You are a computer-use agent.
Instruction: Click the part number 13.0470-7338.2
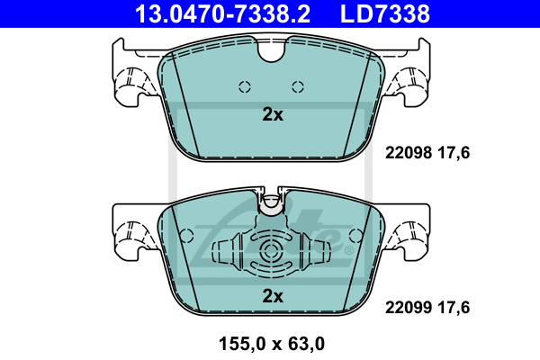pyautogui.click(x=222, y=13)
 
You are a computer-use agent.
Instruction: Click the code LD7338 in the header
pyautogui.click(x=384, y=13)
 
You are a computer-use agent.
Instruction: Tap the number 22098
pyautogui.click(x=409, y=153)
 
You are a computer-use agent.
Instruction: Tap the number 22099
pyautogui.click(x=409, y=307)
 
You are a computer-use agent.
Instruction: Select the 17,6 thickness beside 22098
pyautogui.click(x=454, y=153)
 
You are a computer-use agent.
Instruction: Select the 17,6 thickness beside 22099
pyautogui.click(x=454, y=308)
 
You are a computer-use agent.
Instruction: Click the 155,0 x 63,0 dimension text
pyautogui.click(x=272, y=344)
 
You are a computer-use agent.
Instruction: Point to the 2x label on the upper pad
pyautogui.click(x=273, y=114)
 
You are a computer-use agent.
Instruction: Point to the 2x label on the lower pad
pyautogui.click(x=273, y=296)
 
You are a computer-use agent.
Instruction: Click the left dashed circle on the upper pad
pyautogui.click(x=245, y=86)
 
